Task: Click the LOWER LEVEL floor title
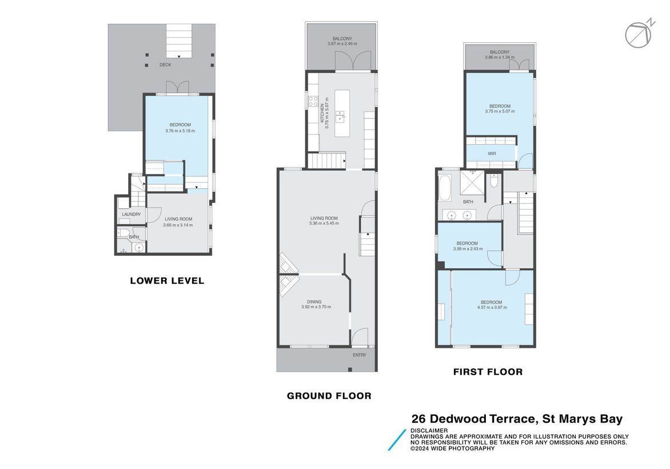pos(167,281)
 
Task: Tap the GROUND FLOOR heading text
pos(329,396)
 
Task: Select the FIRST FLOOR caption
pos(488,372)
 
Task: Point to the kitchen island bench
pos(342,113)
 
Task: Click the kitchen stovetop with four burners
pos(313,101)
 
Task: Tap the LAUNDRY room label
pos(131,214)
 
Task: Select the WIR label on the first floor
pos(492,153)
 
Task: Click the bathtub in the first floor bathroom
pos(445,188)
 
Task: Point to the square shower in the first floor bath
pos(472,182)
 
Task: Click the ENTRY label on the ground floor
pos(360,355)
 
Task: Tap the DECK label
pos(165,65)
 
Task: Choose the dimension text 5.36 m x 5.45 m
pos(324,223)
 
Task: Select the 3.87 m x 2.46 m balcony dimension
pos(342,43)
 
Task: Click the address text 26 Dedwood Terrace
pos(473,419)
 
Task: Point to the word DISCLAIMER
pos(429,431)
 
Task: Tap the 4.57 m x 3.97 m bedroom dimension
pos(492,307)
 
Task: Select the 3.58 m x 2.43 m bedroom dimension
pos(468,248)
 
